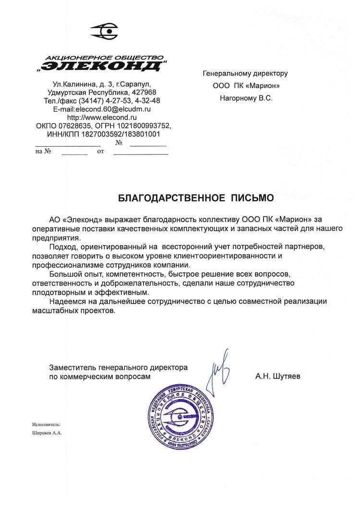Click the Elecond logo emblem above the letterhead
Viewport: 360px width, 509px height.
tap(104, 32)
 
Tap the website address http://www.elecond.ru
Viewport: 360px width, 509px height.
tap(102, 117)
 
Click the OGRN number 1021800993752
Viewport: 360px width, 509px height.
tap(139, 125)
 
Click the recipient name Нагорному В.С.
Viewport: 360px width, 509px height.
tap(246, 98)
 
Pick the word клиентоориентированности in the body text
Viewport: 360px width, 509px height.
tap(231, 256)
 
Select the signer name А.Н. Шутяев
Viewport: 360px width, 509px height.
tap(278, 377)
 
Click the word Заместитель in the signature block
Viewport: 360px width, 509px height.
tap(71, 367)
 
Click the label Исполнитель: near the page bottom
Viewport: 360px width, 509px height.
tap(46, 424)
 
